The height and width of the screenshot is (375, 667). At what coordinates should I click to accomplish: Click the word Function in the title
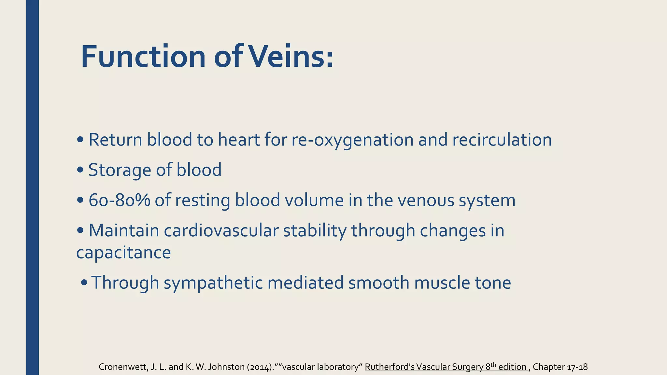click(143, 57)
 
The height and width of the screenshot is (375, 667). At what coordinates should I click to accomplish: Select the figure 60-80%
click(119, 200)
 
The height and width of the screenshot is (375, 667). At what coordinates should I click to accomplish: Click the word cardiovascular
click(221, 230)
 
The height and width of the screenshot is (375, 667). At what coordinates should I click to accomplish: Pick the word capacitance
click(123, 253)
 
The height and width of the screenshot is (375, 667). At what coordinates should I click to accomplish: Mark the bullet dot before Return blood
click(80, 140)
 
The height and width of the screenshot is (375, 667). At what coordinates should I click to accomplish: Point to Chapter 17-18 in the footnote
click(560, 367)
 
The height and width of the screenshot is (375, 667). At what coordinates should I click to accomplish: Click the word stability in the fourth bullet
click(315, 230)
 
